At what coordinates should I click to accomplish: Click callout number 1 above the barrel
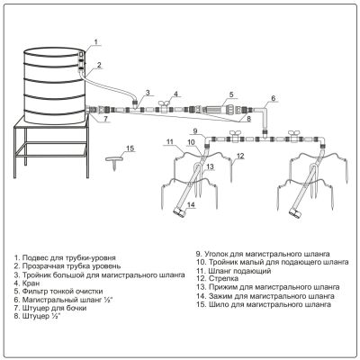point(95,41)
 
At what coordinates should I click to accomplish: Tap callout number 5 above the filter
point(231,94)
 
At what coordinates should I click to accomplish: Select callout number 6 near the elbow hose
point(273,98)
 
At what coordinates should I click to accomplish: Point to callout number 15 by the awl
point(130,148)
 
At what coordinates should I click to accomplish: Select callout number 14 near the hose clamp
point(192,204)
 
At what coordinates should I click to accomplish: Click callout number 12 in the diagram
point(240,156)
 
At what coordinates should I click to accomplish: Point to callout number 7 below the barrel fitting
point(105,119)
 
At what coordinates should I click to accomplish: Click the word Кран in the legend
point(31,283)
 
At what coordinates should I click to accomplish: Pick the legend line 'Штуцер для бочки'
point(54,308)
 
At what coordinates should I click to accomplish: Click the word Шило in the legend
point(218,305)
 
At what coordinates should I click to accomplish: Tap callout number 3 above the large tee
point(148,93)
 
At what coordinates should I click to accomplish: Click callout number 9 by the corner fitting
point(195,130)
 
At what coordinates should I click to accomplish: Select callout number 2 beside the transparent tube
point(99,64)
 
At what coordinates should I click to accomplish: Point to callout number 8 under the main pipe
point(248,119)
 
